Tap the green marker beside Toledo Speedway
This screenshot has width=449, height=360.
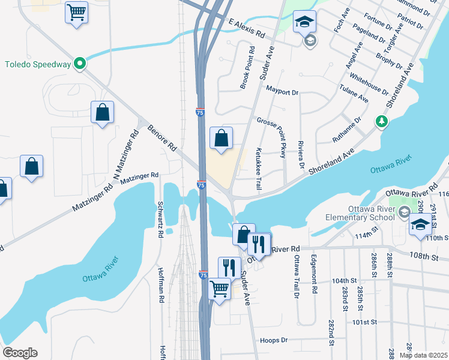79,64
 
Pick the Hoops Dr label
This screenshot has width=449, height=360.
274,340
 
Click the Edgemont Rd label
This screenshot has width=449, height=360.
313,275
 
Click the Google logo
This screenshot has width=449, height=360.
20,353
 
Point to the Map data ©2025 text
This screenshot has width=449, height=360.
423,355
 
